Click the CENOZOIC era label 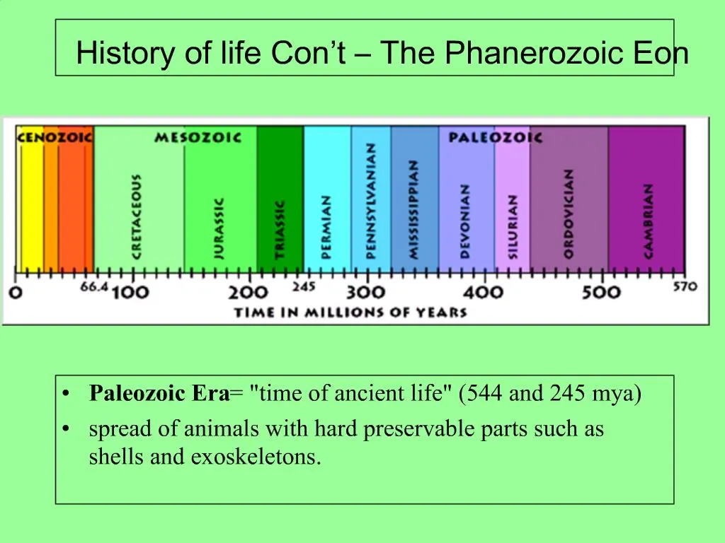coord(54,137)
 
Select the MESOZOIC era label coord(198,137)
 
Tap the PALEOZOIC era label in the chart coord(495,137)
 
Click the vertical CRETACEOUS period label coord(136,216)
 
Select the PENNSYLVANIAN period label coord(371,201)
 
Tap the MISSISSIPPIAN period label coord(414,209)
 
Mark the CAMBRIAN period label coord(647,221)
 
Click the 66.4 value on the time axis coord(94,287)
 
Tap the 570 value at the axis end coord(685,286)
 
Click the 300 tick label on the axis coord(365,293)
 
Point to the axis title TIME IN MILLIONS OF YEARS coord(350,313)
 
